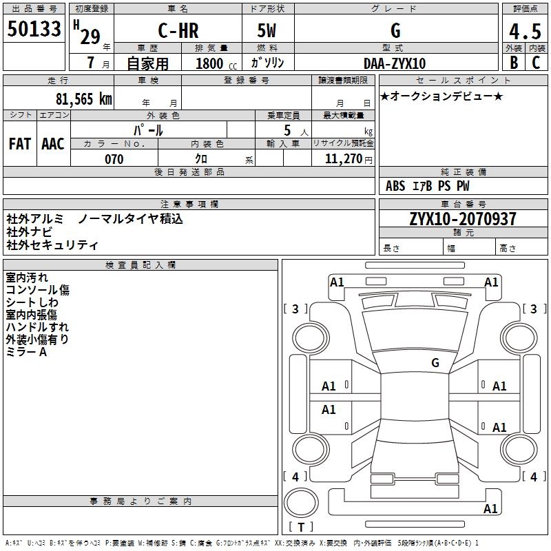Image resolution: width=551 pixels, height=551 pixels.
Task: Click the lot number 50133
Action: click(34, 30)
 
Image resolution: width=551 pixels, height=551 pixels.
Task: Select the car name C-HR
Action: click(178, 30)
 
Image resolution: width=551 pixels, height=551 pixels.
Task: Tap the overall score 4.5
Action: click(524, 32)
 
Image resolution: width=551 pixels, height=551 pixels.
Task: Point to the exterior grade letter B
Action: click(514, 62)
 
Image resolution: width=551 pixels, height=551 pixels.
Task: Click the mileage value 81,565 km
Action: click(83, 98)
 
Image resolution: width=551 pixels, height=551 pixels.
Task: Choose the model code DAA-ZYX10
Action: click(395, 63)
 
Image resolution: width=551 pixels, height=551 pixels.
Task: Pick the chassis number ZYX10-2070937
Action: click(463, 219)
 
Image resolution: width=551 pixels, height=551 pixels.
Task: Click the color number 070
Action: click(114, 159)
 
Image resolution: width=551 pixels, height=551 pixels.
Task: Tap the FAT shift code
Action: click(19, 143)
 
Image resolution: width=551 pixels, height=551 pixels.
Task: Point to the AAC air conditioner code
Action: click(52, 143)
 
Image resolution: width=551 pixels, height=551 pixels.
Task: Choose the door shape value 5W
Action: click(267, 30)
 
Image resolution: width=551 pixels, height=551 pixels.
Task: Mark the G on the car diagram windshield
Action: click(435, 362)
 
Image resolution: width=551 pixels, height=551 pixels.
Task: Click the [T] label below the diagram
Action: click(301, 527)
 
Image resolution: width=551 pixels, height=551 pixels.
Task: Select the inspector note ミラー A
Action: click(26, 352)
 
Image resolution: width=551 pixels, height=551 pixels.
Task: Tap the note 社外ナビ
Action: click(28, 232)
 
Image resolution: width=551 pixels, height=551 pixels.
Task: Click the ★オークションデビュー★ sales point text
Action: click(441, 96)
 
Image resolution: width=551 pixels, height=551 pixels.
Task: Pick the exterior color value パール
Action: click(148, 129)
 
